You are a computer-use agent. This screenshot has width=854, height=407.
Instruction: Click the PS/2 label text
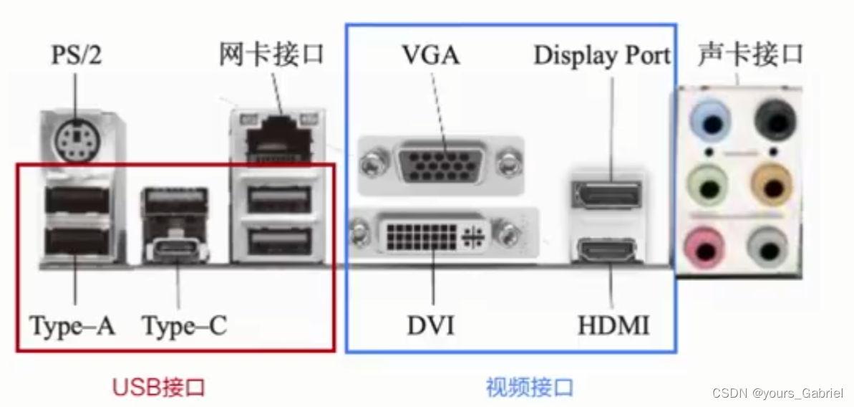pos(76,55)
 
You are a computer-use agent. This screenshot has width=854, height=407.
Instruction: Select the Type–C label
pos(184,327)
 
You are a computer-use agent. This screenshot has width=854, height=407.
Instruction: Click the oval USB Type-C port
pos(176,252)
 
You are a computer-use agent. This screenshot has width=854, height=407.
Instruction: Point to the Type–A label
pos(72,327)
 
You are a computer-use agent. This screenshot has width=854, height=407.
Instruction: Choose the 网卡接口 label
pos(272,54)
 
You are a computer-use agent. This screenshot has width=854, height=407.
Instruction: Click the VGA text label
pos(430,55)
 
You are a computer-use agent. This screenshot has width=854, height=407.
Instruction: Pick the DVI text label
pos(431,327)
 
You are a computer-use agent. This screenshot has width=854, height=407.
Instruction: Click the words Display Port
pos(602,56)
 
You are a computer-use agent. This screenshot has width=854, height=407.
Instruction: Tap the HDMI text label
pos(613,327)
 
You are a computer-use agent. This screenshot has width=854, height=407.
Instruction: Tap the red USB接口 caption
pos(159,388)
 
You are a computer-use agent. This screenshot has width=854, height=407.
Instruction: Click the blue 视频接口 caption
pos(530,388)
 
